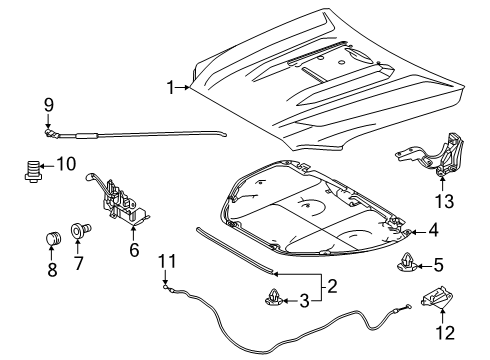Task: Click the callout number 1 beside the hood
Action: click(x=170, y=88)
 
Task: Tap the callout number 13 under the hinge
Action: click(x=444, y=201)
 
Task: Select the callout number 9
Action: click(x=49, y=105)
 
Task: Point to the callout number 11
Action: click(x=167, y=261)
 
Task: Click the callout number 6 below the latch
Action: click(x=134, y=249)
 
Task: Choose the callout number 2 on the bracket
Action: click(x=332, y=286)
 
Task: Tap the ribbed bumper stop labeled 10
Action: click(x=32, y=171)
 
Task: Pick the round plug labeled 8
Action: click(x=53, y=239)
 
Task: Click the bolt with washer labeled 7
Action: click(x=81, y=231)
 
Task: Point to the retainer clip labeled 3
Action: click(x=274, y=297)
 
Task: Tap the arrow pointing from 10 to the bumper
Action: click(x=47, y=165)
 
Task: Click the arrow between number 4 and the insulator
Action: click(x=417, y=232)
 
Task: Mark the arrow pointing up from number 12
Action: click(x=443, y=316)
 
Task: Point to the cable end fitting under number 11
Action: click(x=166, y=286)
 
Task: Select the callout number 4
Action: click(x=433, y=230)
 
